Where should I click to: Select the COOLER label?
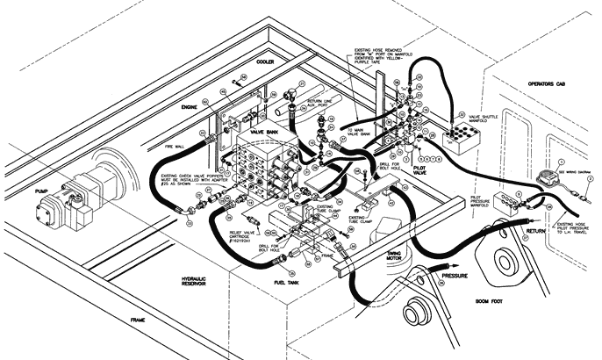click(266, 63)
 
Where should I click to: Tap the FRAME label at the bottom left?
click(136, 320)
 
